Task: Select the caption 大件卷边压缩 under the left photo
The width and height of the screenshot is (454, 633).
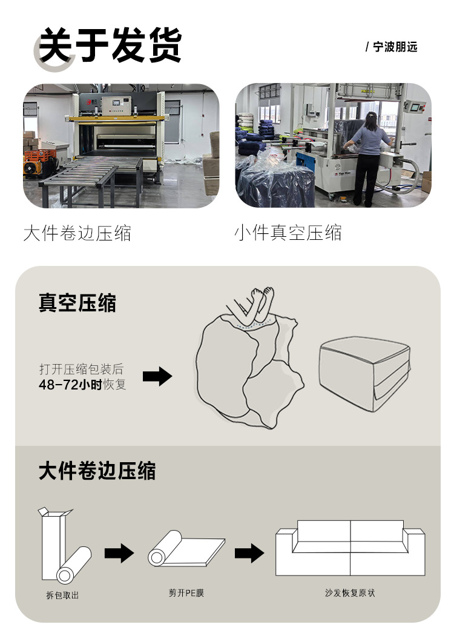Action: pyautogui.click(x=77, y=233)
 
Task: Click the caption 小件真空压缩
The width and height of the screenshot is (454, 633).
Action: pyautogui.click(x=288, y=232)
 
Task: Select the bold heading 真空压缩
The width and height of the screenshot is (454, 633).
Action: pyautogui.click(x=77, y=303)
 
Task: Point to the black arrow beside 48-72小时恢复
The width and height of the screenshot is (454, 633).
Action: pyautogui.click(x=157, y=377)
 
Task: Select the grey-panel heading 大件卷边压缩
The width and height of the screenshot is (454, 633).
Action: pyautogui.click(x=97, y=471)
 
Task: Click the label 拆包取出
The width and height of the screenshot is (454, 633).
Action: pyautogui.click(x=62, y=595)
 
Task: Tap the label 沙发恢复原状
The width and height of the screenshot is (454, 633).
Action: pyautogui.click(x=350, y=592)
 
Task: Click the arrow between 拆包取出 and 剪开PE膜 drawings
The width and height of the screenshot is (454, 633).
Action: pyautogui.click(x=119, y=552)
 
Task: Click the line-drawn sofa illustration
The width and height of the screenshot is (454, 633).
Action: pyautogui.click(x=350, y=548)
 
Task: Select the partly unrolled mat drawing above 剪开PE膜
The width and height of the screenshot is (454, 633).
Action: pyautogui.click(x=186, y=549)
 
